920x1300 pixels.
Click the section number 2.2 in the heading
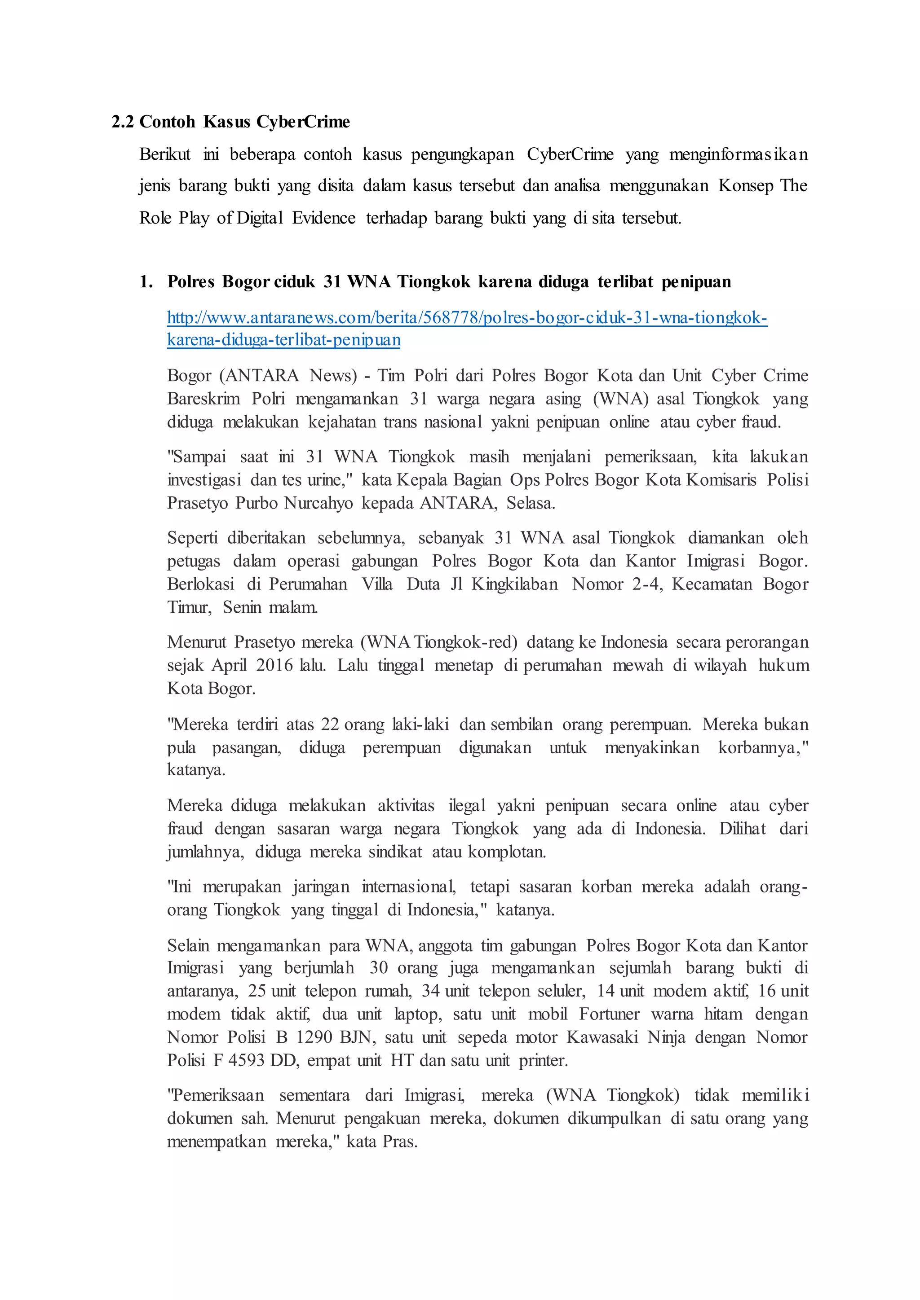pyautogui.click(x=122, y=122)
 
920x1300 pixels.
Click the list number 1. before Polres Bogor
pyautogui.click(x=146, y=282)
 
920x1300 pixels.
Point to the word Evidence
pyautogui.click(x=324, y=218)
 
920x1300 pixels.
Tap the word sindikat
pyautogui.click(x=395, y=852)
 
